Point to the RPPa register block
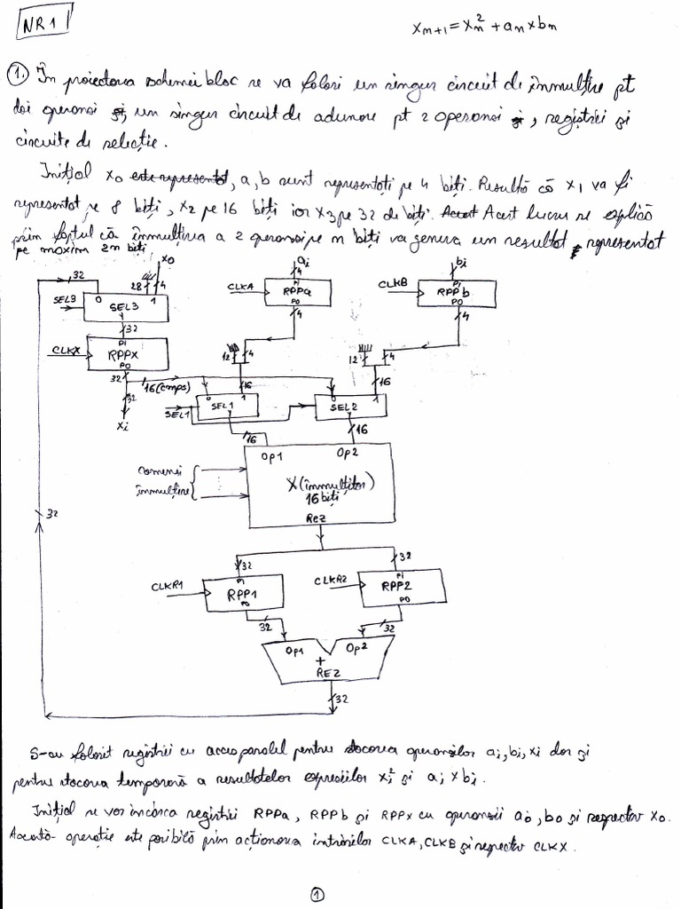pyautogui.click(x=295, y=291)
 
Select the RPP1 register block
pyautogui.click(x=241, y=591)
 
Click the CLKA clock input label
pyautogui.click(x=241, y=287)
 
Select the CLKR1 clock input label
pyautogui.click(x=167, y=585)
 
